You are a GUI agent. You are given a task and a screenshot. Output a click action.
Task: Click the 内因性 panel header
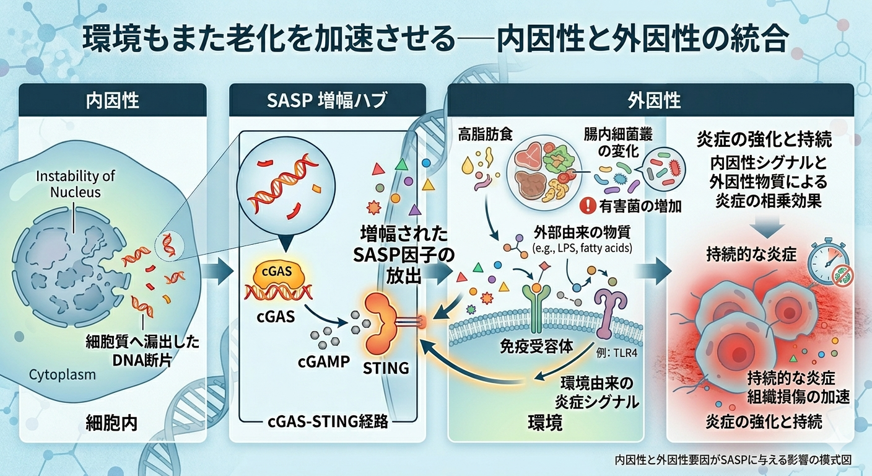(112, 100)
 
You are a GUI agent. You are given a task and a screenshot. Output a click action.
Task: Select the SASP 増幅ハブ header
(327, 100)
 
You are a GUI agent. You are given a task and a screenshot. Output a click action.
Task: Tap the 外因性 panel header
(650, 100)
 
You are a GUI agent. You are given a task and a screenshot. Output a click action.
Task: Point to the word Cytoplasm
(63, 374)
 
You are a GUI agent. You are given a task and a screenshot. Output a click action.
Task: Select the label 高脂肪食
(482, 133)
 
